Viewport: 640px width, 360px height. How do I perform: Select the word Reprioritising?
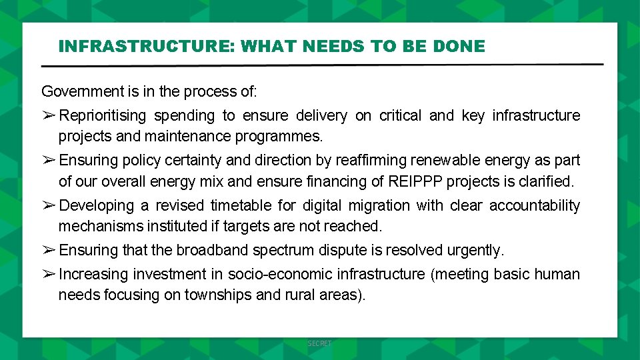click(102, 116)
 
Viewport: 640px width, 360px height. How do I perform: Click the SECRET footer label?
click(319, 343)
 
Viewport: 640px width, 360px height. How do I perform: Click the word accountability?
click(535, 206)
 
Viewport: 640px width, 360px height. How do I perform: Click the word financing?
click(353, 181)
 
